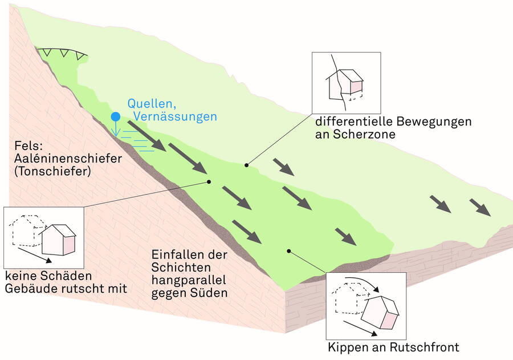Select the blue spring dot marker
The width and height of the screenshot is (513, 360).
(x=116, y=116)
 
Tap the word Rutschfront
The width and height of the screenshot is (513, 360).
(x=425, y=347)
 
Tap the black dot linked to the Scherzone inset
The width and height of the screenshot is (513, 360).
(x=246, y=165)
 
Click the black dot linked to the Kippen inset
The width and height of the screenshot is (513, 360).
(x=289, y=250)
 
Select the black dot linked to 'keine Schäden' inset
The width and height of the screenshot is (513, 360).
(x=209, y=182)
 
